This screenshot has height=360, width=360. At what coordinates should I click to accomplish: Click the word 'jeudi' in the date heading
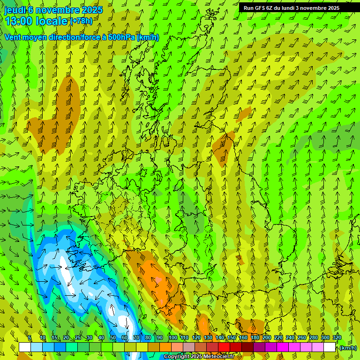[x=15, y=10]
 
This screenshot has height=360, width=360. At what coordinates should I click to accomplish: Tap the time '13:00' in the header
[x=18, y=21]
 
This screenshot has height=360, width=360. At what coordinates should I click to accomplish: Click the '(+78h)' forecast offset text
[x=81, y=21]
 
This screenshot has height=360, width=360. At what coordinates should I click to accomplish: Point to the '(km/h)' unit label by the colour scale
[x=348, y=348]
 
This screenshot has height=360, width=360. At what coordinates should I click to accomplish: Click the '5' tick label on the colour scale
[x=30, y=337]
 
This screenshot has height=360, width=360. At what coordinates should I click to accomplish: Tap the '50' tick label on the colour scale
[x=113, y=337]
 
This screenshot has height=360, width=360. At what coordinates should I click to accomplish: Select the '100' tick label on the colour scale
[x=172, y=337]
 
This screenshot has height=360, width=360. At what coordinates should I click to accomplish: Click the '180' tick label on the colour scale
[x=255, y=337]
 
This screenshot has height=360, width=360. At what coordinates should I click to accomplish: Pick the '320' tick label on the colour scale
[x=337, y=337]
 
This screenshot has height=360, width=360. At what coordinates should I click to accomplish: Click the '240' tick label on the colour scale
[x=290, y=337]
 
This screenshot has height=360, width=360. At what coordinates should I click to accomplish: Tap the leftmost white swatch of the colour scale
[x=25, y=347]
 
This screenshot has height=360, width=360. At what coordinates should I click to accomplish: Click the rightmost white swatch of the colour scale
[x=330, y=347]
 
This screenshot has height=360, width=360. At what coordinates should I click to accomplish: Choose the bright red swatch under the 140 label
[x=224, y=347]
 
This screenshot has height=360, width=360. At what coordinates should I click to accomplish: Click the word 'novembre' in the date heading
[x=58, y=10]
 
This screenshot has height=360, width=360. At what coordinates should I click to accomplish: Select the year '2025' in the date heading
[x=92, y=10]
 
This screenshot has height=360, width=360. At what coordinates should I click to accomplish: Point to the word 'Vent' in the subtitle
[x=13, y=37]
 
